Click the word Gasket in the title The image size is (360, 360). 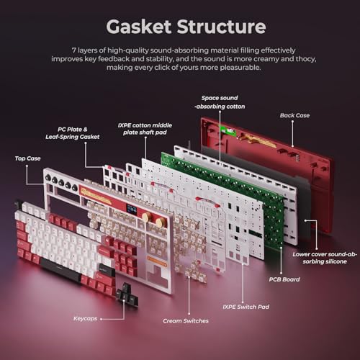tap(139, 27)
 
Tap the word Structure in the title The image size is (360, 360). tap(221, 27)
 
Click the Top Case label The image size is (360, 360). tap(27, 158)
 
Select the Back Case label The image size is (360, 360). tap(294, 115)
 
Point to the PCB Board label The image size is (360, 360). tap(284, 279)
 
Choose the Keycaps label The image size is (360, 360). tap(85, 318)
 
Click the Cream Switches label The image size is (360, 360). tap(186, 320)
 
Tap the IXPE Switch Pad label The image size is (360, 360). tap(246, 307)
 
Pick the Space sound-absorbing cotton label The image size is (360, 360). tap(220, 102)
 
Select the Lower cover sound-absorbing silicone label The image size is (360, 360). tap(325, 258)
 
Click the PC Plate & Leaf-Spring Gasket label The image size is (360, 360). tap(73, 133)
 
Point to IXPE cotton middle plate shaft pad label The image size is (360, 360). tap(145, 129)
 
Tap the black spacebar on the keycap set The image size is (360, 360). tap(60, 270)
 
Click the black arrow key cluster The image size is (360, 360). tap(127, 294)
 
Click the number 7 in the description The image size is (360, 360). tap(74, 50)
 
